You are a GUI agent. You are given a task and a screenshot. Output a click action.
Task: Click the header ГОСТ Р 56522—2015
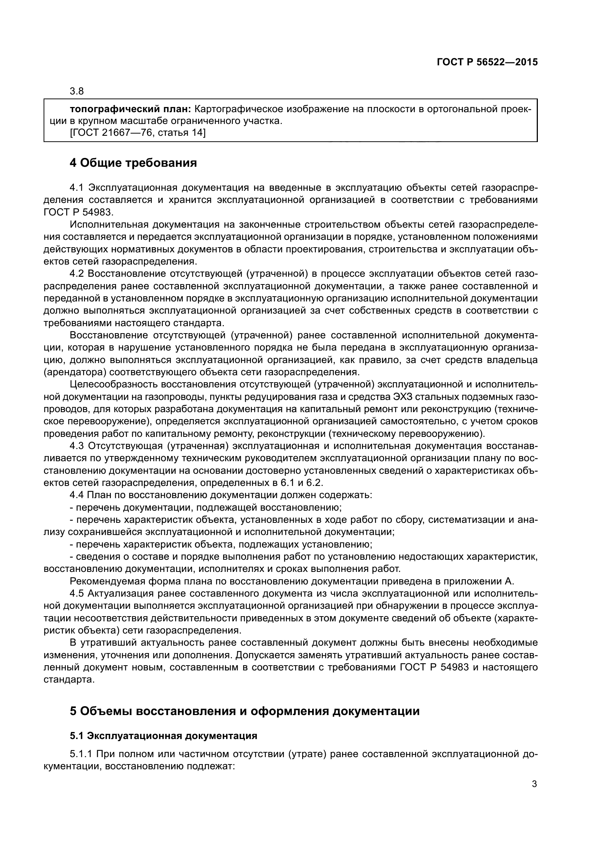[x=487, y=62]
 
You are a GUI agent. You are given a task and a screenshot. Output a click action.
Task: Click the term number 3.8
[x=77, y=92]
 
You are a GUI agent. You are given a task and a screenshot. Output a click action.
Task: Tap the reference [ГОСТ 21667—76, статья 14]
[x=138, y=133]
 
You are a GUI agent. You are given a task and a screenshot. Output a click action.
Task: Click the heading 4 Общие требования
[x=133, y=163]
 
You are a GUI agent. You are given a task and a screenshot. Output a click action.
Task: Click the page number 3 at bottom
[x=534, y=784]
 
